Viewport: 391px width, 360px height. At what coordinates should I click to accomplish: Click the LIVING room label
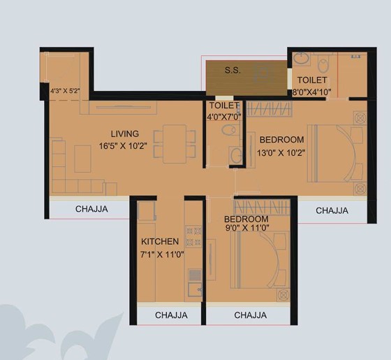[125, 134]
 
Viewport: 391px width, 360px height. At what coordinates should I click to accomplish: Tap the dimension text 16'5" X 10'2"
[123, 146]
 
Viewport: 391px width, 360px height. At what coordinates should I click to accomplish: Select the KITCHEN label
[160, 242]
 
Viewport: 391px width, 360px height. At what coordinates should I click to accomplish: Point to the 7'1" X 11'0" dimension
[162, 254]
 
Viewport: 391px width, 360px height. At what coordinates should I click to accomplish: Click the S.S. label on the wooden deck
[233, 71]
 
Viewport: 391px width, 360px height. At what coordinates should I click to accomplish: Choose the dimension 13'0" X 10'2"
[281, 152]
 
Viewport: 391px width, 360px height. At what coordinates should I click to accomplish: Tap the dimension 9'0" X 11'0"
[247, 228]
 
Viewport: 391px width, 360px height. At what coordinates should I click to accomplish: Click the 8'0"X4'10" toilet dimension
[311, 92]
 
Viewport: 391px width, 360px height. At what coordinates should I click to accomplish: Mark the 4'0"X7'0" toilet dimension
[224, 117]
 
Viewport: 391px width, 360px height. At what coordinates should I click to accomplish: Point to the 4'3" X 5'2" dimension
[65, 91]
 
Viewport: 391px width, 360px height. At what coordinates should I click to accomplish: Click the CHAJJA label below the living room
[91, 209]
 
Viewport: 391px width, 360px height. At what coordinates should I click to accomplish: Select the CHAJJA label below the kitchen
[171, 315]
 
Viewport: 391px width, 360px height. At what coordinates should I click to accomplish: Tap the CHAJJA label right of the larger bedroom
[332, 210]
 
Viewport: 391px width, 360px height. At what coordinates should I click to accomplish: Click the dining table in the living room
[175, 144]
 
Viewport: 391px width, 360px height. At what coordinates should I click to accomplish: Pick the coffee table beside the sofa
[82, 159]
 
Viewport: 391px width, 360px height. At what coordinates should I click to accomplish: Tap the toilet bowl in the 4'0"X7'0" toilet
[229, 130]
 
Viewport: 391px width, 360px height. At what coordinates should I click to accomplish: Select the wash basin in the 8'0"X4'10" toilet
[301, 59]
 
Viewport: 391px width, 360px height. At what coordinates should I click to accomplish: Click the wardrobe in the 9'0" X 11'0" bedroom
[262, 207]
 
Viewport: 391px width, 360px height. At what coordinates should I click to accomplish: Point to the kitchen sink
[195, 289]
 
